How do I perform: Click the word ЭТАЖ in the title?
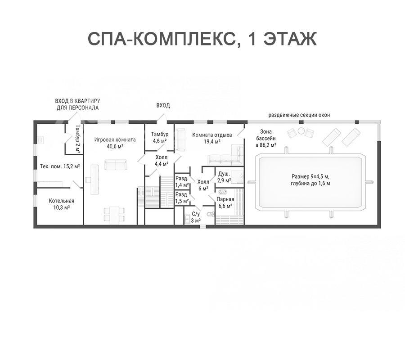(x=290, y=39)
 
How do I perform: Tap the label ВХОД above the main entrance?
(x=163, y=105)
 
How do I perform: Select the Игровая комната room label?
(x=115, y=139)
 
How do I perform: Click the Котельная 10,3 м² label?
(x=62, y=204)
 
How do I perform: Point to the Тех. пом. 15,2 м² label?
(x=60, y=166)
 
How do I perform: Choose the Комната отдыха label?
(x=212, y=135)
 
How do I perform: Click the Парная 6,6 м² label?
(x=225, y=202)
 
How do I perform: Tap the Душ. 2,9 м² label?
(x=224, y=177)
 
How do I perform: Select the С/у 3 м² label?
(x=196, y=217)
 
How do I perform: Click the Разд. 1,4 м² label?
(x=182, y=181)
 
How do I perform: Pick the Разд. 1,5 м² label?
(x=182, y=198)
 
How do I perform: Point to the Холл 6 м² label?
(x=203, y=185)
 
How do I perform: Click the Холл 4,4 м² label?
(x=162, y=160)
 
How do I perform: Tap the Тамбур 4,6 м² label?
(x=160, y=137)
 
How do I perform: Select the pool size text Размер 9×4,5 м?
(x=310, y=177)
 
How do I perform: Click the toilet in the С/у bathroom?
(x=211, y=215)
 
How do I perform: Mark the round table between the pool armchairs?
(x=301, y=131)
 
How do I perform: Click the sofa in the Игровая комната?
(x=116, y=165)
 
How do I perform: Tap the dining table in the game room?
(x=114, y=214)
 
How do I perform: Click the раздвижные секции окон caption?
(x=299, y=115)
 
